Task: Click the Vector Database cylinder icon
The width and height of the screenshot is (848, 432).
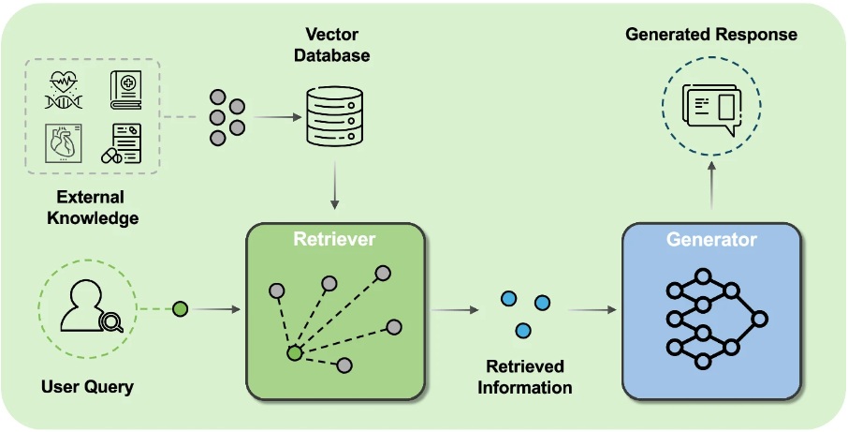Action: pyautogui.click(x=334, y=116)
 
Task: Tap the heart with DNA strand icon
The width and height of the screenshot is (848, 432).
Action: pyautogui.click(x=64, y=90)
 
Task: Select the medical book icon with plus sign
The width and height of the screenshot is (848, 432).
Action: pyautogui.click(x=126, y=90)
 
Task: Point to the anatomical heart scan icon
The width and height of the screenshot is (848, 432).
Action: pyautogui.click(x=64, y=143)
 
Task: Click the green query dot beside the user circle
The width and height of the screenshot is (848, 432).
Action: pyautogui.click(x=180, y=309)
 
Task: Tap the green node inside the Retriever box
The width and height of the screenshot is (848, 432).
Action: pyautogui.click(x=294, y=353)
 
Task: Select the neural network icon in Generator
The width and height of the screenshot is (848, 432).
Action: pyautogui.click(x=717, y=319)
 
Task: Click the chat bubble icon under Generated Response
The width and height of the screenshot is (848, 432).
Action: pyautogui.click(x=711, y=110)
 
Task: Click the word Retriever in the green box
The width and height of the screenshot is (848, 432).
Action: pyautogui.click(x=334, y=239)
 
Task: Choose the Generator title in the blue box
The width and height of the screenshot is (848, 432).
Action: pyautogui.click(x=711, y=239)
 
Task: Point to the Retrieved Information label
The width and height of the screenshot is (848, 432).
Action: pyautogui.click(x=524, y=377)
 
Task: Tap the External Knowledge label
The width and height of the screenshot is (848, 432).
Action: pyautogui.click(x=93, y=207)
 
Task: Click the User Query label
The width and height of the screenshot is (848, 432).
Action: pyautogui.click(x=87, y=387)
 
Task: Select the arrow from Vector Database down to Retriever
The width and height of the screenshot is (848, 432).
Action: pyautogui.click(x=335, y=186)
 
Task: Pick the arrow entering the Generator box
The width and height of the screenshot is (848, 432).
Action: pyautogui.click(x=592, y=309)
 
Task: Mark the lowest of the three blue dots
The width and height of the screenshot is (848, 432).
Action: pyautogui.click(x=523, y=330)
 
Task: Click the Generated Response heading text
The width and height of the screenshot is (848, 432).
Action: pyautogui.click(x=711, y=35)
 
